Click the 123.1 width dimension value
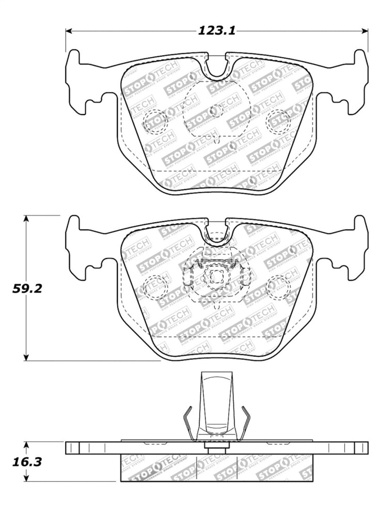coord(216,31)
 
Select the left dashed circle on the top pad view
coord(155,121)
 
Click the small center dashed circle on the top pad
coord(216,110)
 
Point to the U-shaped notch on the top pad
coord(216,67)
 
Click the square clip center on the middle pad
coord(215,277)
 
